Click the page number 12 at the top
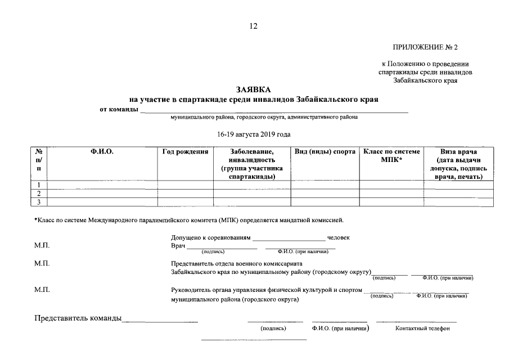coord(254,26)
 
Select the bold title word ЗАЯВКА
coord(254,90)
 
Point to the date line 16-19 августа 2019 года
coord(254,134)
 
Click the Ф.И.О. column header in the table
coord(102,152)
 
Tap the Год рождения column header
coord(185,152)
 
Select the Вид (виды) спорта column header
coord(325,152)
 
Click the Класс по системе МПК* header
coord(391,156)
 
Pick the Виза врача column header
coord(458,152)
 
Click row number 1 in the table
coord(39,185)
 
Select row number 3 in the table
coord(39,202)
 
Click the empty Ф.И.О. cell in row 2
coord(102,193)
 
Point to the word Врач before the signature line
coord(178,246)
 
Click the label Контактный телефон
coord(422,329)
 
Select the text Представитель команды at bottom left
coord(78,319)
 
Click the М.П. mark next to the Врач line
coord(42,246)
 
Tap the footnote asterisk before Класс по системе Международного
coord(35,219)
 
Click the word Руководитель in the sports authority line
coord(191,290)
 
